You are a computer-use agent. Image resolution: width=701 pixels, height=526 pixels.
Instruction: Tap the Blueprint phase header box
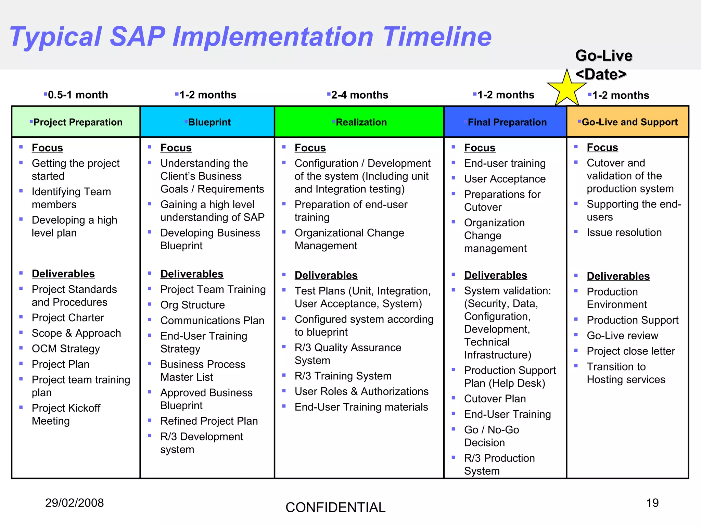207,122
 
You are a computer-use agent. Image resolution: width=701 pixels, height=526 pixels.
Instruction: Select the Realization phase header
359,122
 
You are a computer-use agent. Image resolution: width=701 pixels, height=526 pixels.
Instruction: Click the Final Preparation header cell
505,122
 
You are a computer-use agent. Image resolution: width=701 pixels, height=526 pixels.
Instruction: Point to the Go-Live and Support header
628,122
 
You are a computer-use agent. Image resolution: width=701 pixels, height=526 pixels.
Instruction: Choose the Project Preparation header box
76,122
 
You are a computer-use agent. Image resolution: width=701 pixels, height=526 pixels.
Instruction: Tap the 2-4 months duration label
359,95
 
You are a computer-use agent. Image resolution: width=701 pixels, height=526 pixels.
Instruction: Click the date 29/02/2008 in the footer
74,503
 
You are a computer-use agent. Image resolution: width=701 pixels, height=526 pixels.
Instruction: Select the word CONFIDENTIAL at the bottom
335,508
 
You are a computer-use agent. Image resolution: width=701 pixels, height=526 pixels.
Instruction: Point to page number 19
652,503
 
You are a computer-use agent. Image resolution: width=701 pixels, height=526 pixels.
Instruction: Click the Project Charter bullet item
68,318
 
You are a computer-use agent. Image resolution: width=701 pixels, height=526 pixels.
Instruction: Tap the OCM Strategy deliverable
66,349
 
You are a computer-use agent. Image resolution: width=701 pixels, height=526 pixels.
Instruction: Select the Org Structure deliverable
192,305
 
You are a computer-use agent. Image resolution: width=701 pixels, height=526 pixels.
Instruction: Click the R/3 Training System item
343,376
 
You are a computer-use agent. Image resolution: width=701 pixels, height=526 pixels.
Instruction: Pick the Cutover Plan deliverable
495,399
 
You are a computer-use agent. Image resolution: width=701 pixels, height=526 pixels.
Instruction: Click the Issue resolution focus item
624,233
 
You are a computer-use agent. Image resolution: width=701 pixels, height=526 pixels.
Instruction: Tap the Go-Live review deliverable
622,336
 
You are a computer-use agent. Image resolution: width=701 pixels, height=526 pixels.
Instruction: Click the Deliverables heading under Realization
326,275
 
